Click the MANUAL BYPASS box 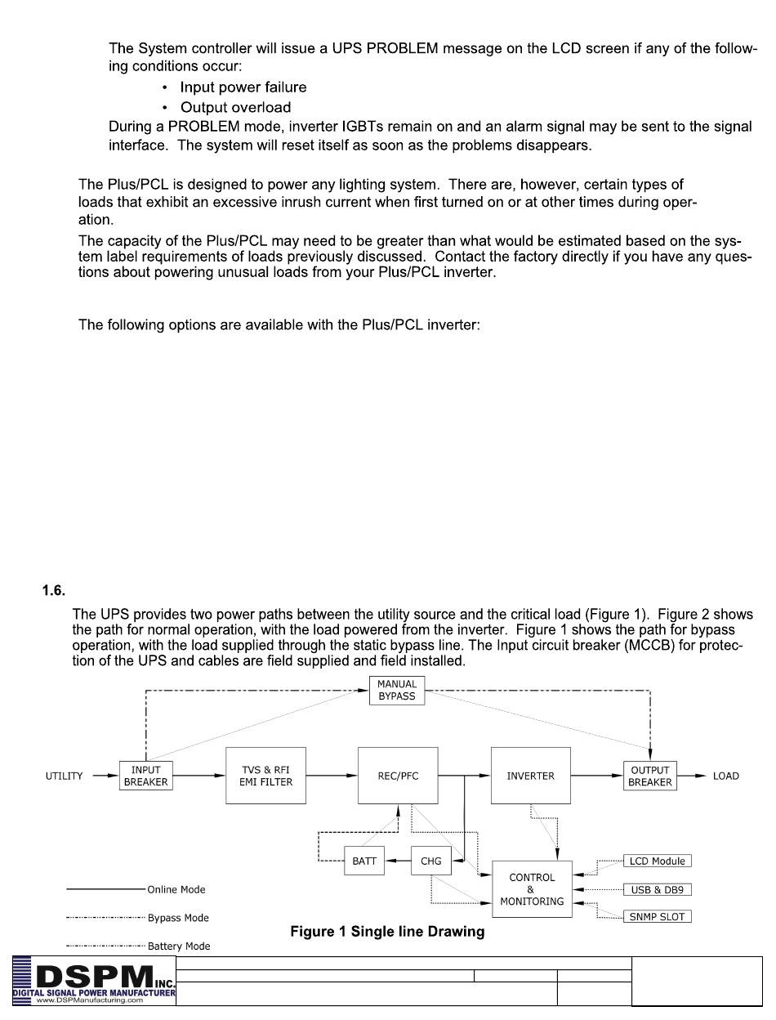tap(397, 690)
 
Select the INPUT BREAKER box tap(145, 776)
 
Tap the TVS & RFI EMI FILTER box tap(265, 776)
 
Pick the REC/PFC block tap(398, 776)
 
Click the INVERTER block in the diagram tap(530, 776)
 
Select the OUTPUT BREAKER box tap(650, 776)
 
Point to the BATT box tap(364, 861)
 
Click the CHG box tap(430, 861)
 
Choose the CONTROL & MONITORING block tap(532, 889)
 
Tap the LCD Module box tap(657, 861)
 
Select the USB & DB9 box tap(657, 889)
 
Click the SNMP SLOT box tap(657, 917)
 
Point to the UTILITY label tap(64, 776)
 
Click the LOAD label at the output tap(725, 776)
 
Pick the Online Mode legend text tap(176, 889)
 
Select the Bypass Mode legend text tap(178, 918)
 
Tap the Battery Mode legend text tap(179, 946)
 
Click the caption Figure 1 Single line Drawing tap(387, 932)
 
